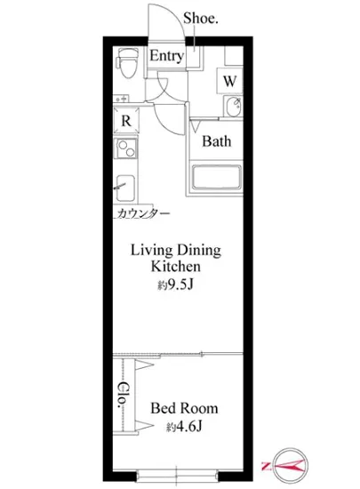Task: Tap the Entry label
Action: (x=166, y=56)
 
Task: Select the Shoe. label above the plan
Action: (x=200, y=18)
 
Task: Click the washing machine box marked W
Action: (x=229, y=81)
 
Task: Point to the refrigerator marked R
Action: (x=126, y=120)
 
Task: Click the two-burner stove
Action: (x=126, y=148)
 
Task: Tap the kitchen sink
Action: (x=125, y=188)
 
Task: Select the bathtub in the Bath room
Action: (x=217, y=178)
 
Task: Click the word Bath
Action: (x=217, y=141)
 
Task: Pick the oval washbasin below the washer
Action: (x=233, y=106)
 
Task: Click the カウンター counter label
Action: (x=144, y=213)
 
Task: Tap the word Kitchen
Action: (x=175, y=267)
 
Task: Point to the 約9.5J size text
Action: (x=175, y=285)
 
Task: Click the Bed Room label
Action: (x=184, y=408)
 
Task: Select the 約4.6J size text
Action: (x=184, y=426)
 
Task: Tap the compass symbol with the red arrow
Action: (x=290, y=466)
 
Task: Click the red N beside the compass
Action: (x=266, y=466)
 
